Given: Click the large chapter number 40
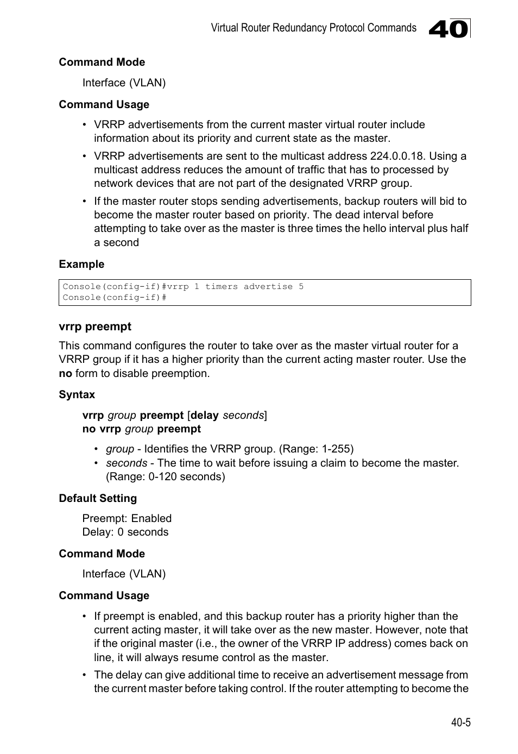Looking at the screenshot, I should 448,29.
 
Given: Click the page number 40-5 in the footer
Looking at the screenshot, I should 460,722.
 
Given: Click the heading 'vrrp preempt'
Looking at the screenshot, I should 95,326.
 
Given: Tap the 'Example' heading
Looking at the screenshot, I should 81,265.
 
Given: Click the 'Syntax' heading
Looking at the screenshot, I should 77,395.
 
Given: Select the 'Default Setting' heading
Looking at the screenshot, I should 98,499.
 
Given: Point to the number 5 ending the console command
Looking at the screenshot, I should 301,287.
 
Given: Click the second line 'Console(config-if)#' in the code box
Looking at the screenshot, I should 114,298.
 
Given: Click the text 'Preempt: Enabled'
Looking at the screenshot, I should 127,519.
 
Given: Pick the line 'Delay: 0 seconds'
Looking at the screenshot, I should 125,532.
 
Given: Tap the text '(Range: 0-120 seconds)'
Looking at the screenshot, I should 165,477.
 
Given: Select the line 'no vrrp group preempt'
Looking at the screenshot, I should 141,429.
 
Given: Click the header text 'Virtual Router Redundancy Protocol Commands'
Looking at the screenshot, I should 313,28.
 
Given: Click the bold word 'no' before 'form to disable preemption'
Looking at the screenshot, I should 65,374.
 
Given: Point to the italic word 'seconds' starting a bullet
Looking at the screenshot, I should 126,463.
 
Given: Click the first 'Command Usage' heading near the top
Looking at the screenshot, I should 104,105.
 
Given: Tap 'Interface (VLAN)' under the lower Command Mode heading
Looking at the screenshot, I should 124,574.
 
